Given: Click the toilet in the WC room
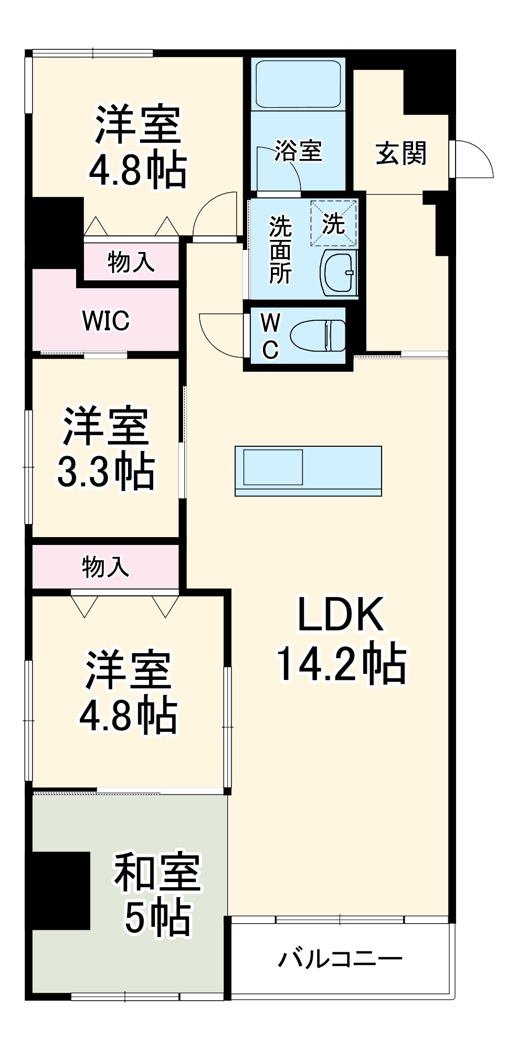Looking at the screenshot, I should [318, 335].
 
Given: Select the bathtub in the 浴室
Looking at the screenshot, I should [298, 83].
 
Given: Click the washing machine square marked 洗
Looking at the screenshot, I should [334, 224].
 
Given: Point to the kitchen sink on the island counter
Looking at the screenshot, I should [273, 467].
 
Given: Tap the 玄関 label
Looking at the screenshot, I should [402, 153].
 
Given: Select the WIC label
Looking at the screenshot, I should [105, 321].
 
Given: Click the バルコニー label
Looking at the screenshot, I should [340, 959].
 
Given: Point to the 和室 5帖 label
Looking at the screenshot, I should [157, 895].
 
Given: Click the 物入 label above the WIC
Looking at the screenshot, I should [131, 262].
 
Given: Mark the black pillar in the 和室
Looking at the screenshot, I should [59, 890].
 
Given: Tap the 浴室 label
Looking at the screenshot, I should [298, 151].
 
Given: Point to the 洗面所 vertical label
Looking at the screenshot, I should [280, 249].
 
